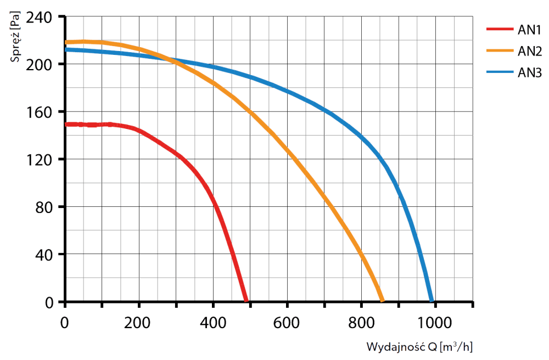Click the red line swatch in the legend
click(500, 29)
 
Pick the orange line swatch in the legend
click(500, 51)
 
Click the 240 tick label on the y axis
click(39, 18)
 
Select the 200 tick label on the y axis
click(39, 65)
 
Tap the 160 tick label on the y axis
click(39, 113)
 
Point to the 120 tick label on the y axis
click(39, 160)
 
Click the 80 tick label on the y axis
click(44, 208)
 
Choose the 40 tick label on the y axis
click(44, 255)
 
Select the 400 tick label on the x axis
click(212, 323)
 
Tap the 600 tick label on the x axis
click(286, 323)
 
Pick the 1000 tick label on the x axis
click(434, 323)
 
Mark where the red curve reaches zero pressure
click(246, 300)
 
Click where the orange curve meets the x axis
click(382, 300)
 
